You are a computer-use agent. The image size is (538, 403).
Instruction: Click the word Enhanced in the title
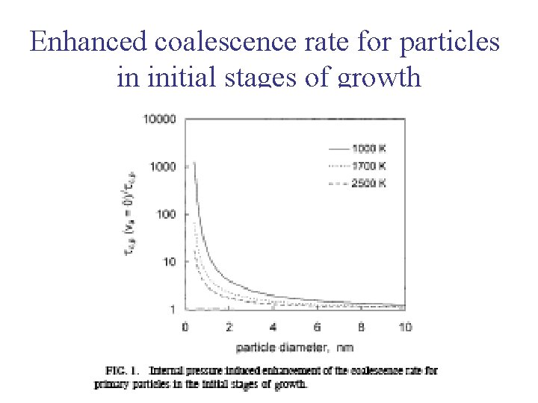[x=89, y=42]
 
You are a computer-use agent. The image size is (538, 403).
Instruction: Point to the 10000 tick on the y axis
[x=159, y=119]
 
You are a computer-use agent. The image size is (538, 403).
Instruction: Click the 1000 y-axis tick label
[x=162, y=166]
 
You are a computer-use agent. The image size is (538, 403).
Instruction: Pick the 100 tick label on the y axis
[x=165, y=214]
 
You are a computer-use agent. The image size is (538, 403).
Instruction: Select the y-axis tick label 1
[x=172, y=309]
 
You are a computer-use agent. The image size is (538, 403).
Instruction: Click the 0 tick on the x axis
[x=185, y=326]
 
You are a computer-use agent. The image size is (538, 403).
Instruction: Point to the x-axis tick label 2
[x=229, y=326]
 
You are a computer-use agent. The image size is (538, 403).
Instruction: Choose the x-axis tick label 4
[x=273, y=326]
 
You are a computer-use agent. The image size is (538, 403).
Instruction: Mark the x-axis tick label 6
[x=317, y=326]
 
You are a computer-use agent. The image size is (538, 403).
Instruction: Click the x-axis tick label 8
[x=361, y=326]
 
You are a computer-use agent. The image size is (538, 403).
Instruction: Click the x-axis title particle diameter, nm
[x=294, y=347]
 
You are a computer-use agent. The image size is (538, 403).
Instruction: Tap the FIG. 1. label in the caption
[x=123, y=371]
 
